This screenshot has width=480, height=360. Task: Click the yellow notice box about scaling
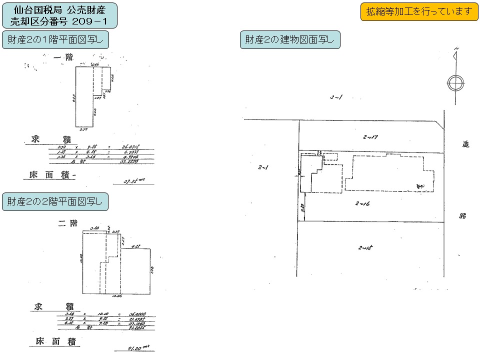[419, 11]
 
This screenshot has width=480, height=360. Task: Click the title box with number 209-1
[60, 15]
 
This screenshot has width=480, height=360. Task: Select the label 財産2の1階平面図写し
[55, 39]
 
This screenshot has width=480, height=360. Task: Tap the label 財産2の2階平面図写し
[55, 201]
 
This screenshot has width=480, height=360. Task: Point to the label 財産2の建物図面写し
[290, 39]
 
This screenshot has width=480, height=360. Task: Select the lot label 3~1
[335, 97]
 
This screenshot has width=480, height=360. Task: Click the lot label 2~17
[370, 136]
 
